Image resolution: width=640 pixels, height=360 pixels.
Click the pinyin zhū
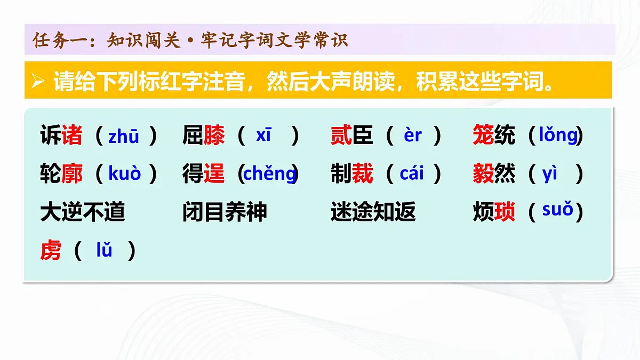coord(124,137)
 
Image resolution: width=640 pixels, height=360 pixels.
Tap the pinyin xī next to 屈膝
coord(263,135)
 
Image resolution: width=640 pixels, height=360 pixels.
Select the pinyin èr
coord(413,135)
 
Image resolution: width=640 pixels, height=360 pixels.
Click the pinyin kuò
coord(125,174)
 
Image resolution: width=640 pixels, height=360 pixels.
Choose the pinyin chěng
coord(269,174)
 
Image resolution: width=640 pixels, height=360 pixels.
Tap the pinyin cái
coord(411,174)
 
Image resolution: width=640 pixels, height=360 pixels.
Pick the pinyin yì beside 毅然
coord(550,174)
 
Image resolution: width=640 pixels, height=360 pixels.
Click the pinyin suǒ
coord(557,210)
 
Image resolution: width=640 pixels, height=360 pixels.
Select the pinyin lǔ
coord(104,250)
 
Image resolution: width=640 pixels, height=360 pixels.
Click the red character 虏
coord(51,250)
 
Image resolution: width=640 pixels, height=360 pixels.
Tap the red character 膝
coord(214,136)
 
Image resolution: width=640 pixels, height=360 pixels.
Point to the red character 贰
coord(341,136)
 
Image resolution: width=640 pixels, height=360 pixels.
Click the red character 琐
coord(505,212)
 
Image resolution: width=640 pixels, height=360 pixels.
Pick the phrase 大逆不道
coord(83,212)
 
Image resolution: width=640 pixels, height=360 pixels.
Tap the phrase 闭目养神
coord(225,212)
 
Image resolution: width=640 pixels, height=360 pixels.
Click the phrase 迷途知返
coord(373,212)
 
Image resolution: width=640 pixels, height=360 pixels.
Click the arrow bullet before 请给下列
coord(37,82)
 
